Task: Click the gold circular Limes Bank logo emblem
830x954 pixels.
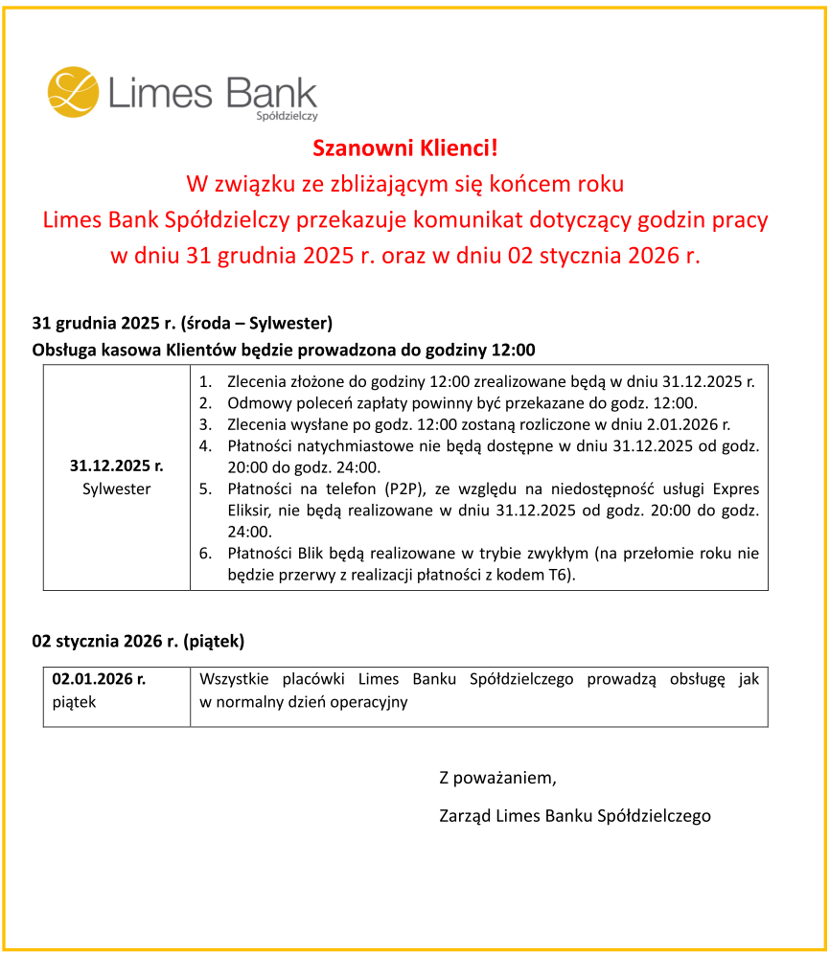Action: point(74,92)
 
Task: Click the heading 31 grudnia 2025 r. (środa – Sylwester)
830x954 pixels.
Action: point(182,322)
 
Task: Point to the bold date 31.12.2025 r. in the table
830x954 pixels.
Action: point(117,466)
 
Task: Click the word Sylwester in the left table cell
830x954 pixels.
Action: point(117,489)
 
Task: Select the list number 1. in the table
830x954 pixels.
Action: point(205,381)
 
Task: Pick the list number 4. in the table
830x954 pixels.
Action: point(205,446)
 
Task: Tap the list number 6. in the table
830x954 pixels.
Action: point(205,554)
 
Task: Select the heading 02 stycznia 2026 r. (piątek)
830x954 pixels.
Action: point(139,641)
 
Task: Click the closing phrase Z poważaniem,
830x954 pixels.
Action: point(497,777)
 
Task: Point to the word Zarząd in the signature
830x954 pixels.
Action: point(465,816)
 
